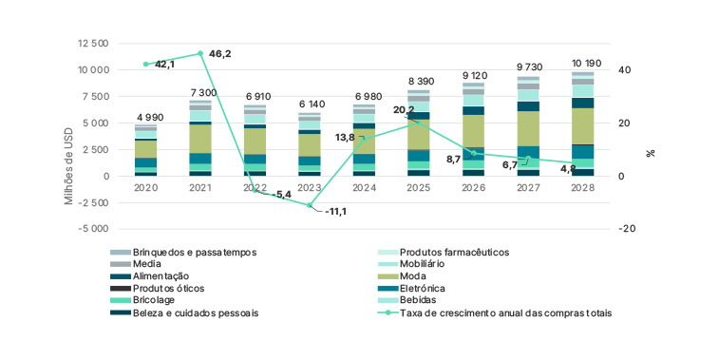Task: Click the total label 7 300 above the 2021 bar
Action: [x=200, y=91]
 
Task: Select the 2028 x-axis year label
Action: [x=582, y=188]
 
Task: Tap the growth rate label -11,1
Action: [x=334, y=212]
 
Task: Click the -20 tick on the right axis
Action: [x=625, y=229]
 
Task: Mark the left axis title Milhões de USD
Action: [x=68, y=136]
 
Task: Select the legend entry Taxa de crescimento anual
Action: [x=505, y=312]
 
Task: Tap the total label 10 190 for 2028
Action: [x=582, y=63]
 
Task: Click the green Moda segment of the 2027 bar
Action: [x=528, y=128]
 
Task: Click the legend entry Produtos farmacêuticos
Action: [x=454, y=253]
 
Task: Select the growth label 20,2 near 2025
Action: [x=403, y=110]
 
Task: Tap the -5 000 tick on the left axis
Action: [x=90, y=229]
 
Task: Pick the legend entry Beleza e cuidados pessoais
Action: [x=195, y=312]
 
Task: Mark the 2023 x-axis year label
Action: [x=310, y=188]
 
